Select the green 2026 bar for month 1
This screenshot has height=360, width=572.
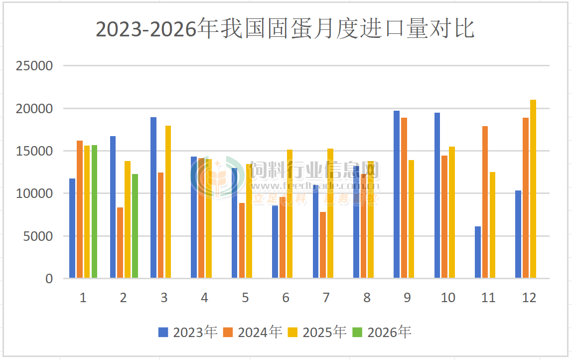click(x=94, y=211)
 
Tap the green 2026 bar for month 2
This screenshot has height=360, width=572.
click(x=135, y=226)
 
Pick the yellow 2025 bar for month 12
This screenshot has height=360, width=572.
click(x=533, y=189)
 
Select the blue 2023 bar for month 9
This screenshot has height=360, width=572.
click(x=397, y=194)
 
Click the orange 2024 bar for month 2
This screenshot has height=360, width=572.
click(x=120, y=243)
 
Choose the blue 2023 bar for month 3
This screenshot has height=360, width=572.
click(x=153, y=197)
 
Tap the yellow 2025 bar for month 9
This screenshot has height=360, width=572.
click(x=411, y=219)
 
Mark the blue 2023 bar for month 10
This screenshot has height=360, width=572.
click(x=437, y=195)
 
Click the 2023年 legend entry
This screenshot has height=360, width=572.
click(x=188, y=332)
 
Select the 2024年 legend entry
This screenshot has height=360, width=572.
click(x=253, y=332)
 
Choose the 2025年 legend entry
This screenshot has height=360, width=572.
click(x=317, y=332)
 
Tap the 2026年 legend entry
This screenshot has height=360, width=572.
click(x=382, y=332)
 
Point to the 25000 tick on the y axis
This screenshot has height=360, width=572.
click(x=34, y=66)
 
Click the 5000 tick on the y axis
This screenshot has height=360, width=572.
click(x=38, y=236)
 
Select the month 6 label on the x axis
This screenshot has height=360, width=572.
click(x=286, y=298)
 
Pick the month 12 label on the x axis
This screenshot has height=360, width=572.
click(x=529, y=298)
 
